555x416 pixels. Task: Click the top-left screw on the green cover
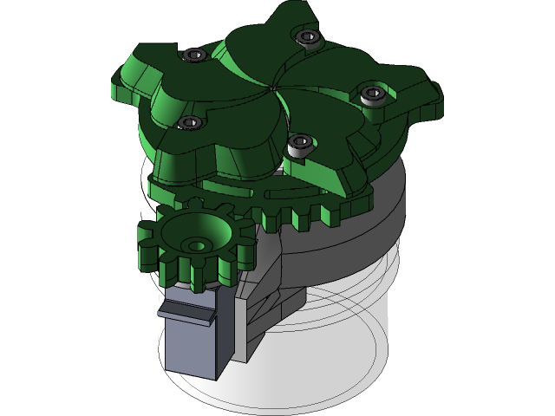(x=193, y=55)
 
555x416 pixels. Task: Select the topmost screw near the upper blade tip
(x=306, y=36)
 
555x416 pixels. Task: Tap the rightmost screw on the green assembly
(x=373, y=93)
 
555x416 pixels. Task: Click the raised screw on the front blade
(x=298, y=143)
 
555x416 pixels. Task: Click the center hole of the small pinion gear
(x=198, y=246)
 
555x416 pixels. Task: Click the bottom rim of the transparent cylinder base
(x=286, y=403)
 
